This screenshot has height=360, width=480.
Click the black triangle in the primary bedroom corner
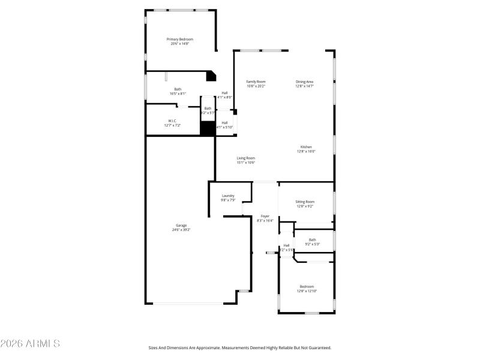pos(211,76)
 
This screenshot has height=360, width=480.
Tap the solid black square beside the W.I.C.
pos(208,128)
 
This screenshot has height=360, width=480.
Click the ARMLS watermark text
pos(30,344)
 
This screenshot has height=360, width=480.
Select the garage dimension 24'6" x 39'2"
pos(181,229)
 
